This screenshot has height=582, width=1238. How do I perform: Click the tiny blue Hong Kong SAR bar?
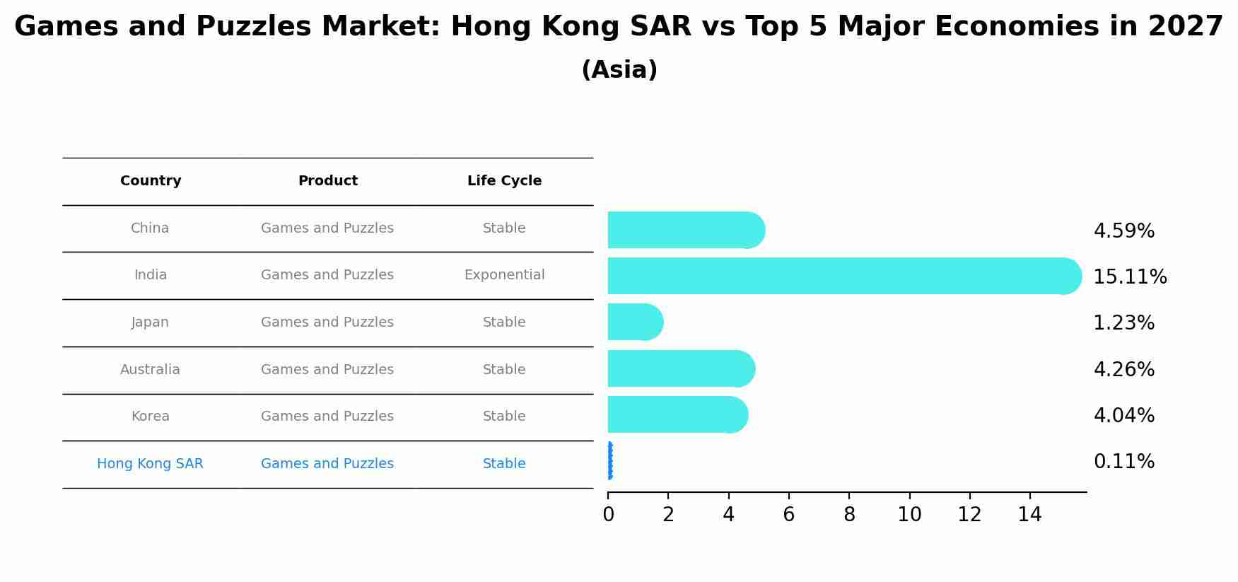click(609, 461)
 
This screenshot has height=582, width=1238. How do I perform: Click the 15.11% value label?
click(1130, 277)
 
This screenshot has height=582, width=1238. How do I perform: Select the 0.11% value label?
click(1123, 462)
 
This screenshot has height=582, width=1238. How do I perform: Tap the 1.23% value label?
click(1123, 323)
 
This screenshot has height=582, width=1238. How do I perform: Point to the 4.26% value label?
click(1123, 370)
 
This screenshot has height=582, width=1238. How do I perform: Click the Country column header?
click(151, 181)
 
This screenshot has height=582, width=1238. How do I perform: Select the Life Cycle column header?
click(504, 181)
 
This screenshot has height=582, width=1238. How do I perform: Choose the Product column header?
click(327, 181)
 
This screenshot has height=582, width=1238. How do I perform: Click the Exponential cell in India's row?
click(504, 275)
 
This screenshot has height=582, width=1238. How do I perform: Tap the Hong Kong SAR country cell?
click(150, 464)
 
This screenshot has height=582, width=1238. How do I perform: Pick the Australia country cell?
click(150, 370)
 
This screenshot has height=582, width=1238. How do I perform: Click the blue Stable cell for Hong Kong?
click(504, 464)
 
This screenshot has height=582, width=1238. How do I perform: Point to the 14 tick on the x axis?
click(1029, 515)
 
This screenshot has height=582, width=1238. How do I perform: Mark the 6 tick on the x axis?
click(788, 515)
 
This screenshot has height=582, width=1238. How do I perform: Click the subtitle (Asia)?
click(619, 70)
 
